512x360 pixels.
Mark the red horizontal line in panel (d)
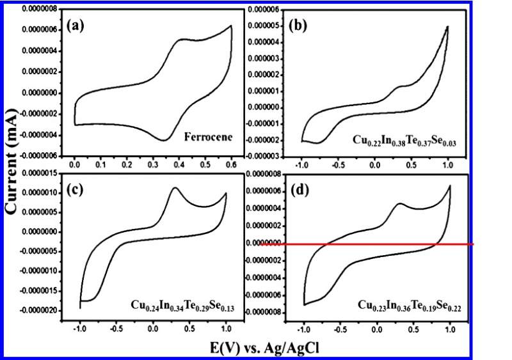tap(384, 244)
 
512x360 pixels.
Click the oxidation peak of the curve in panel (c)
tap(174, 187)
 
